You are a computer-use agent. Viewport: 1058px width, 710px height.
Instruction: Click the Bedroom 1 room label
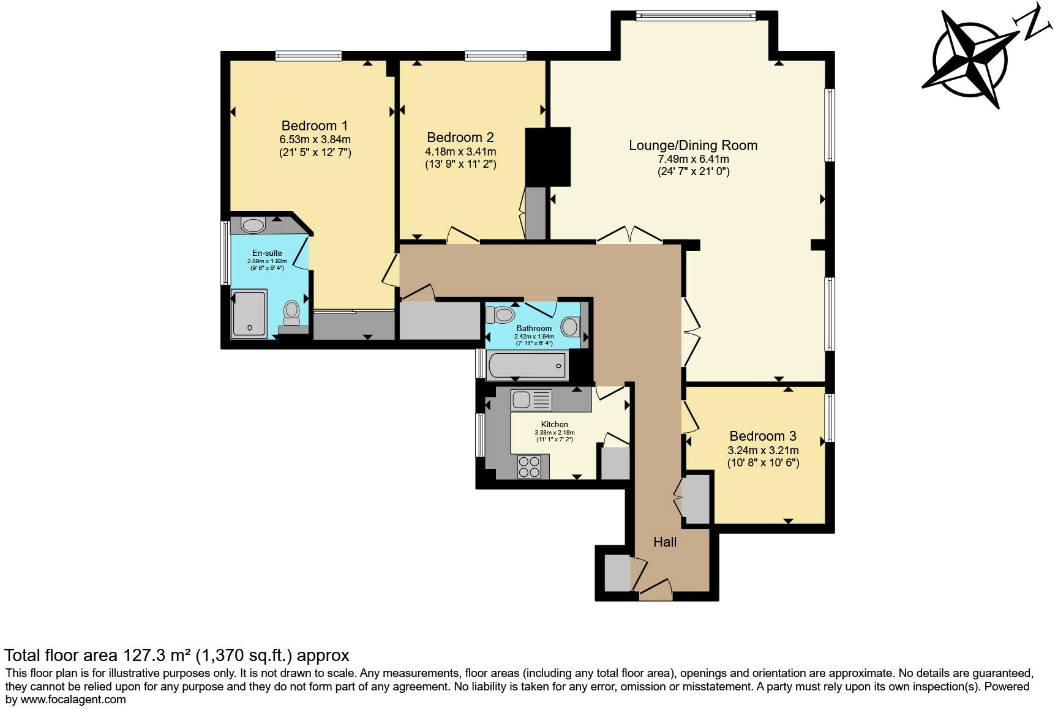[315, 126]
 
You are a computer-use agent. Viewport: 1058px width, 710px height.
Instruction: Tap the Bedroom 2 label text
[460, 138]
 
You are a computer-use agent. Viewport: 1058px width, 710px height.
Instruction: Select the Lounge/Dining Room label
[693, 146]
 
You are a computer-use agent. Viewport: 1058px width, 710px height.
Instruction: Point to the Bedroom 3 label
[763, 436]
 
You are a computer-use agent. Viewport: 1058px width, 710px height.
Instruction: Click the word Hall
[665, 542]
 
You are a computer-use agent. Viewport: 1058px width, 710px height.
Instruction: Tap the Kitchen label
[554, 425]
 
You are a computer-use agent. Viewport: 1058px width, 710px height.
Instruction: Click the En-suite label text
[267, 253]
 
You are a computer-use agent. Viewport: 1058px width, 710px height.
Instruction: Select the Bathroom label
[534, 329]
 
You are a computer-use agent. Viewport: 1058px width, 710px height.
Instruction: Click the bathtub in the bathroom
[527, 365]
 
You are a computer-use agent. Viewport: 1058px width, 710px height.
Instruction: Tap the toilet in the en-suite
[292, 313]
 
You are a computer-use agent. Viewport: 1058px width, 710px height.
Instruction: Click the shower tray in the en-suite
[249, 314]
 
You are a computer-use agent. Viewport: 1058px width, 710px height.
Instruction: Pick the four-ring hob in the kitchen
[529, 467]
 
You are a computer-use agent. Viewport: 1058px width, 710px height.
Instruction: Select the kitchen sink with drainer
[531, 400]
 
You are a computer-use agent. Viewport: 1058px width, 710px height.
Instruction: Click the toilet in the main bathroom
[500, 315]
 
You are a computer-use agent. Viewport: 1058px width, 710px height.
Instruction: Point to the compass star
[970, 60]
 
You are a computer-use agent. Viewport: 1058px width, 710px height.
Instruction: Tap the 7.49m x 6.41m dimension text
[693, 159]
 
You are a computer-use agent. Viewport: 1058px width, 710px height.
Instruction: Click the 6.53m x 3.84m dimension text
[315, 140]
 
